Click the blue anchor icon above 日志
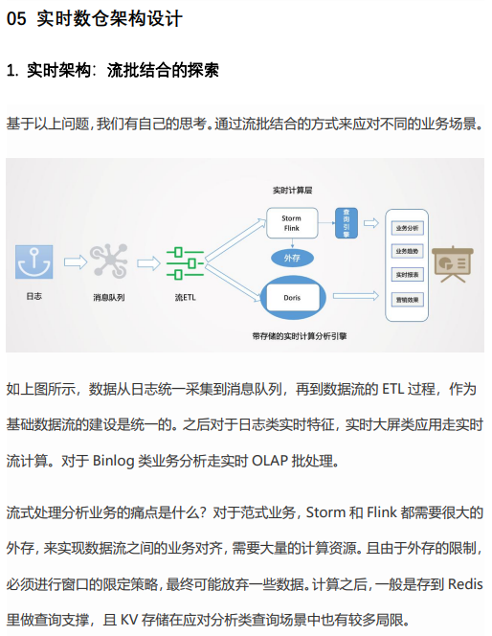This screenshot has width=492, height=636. coord(34,261)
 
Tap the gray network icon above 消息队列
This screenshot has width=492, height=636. coord(108,261)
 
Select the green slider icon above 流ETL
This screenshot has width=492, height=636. coord(185,263)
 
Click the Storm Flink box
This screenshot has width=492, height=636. coord(292,223)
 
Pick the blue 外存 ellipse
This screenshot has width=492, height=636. coord(292,258)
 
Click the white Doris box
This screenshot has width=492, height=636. coord(292,298)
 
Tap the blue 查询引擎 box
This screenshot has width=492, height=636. coord(347,223)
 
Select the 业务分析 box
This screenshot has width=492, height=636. coord(408,228)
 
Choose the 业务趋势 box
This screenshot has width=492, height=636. coord(408,251)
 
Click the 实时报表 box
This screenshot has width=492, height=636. coord(408,275)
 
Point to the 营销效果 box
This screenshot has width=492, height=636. coord(408,300)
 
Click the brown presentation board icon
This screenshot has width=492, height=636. coord(453,263)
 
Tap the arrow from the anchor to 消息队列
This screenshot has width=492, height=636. coord(76,262)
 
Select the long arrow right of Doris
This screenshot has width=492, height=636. coord(355,296)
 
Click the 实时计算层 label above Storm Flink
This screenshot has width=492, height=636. coord(292,191)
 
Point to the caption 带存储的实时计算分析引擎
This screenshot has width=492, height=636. coord(300,336)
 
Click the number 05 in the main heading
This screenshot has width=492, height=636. coord(16,18)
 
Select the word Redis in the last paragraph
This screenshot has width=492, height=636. coord(465,584)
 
